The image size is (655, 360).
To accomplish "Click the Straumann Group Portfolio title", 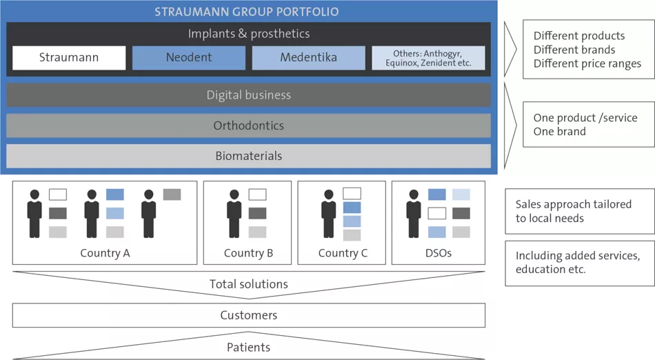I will point(247,12).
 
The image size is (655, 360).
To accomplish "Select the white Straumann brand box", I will point(69,58).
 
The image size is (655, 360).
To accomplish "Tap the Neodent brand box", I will point(189,58).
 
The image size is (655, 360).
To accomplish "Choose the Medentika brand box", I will point(308,58).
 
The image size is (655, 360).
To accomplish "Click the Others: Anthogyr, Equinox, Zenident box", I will point(428,58).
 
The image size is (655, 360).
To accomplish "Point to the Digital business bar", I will point(248,95).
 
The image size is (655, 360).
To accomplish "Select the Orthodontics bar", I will point(248,126).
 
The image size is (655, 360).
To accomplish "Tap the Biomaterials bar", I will point(248,156).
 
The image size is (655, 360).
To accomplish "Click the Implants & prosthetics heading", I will point(248,33).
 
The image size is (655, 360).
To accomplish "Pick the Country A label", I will point(105,253).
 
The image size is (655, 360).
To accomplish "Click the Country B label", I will point(248,253).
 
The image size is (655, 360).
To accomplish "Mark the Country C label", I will point(343,253).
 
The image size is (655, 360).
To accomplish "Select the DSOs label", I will point(439,253).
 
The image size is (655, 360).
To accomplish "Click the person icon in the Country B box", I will point(234,214).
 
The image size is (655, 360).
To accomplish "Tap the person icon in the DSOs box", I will point(414,214).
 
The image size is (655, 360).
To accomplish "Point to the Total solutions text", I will point(248,284).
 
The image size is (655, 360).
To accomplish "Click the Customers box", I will point(248,315).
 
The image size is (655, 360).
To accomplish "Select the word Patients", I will point(248,348).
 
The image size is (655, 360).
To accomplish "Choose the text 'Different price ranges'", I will point(587,63).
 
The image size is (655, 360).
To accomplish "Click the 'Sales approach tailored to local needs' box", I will point(579,211).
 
